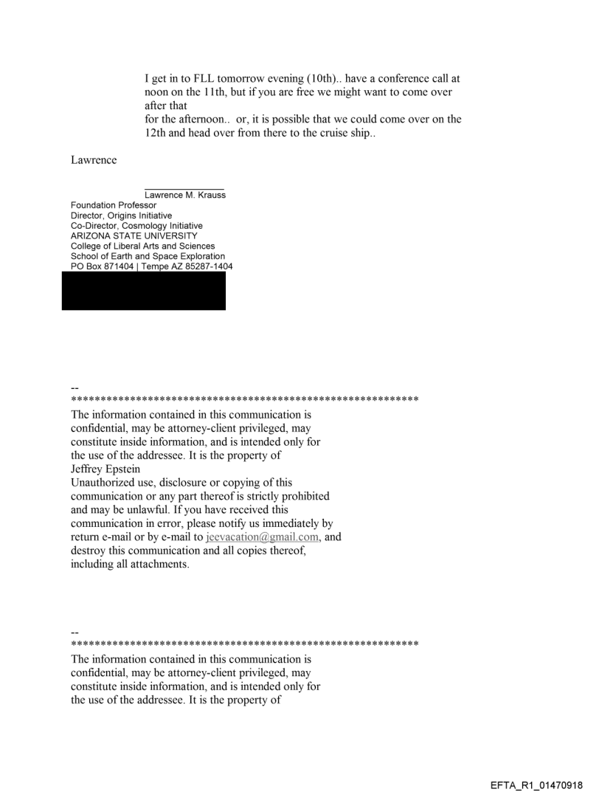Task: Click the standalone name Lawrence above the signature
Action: click(x=94, y=161)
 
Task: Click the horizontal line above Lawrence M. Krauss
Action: click(x=184, y=188)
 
